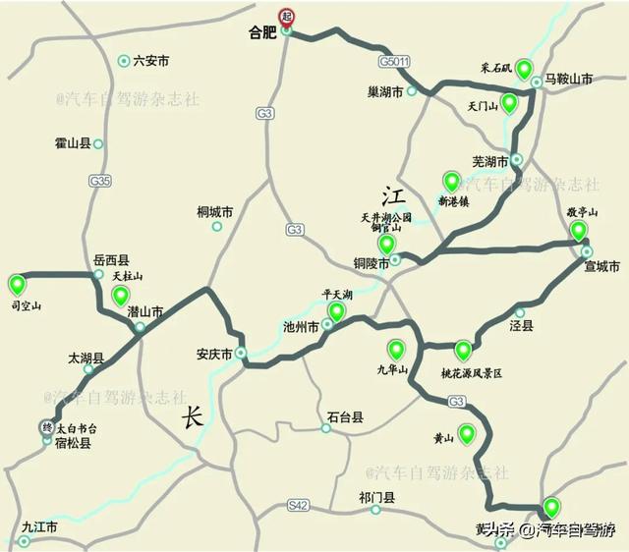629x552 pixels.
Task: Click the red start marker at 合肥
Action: pyautogui.click(x=287, y=16)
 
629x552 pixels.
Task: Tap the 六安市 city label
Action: pyautogui.click(x=150, y=61)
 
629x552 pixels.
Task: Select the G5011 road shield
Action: pyautogui.click(x=392, y=62)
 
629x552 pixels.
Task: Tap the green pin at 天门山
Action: pyautogui.click(x=509, y=102)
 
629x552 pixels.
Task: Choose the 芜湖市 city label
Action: pyautogui.click(x=488, y=160)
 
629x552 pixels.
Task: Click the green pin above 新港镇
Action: pyautogui.click(x=452, y=182)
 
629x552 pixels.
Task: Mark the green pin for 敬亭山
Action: pyautogui.click(x=579, y=231)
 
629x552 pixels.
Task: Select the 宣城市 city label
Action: pyautogui.click(x=601, y=267)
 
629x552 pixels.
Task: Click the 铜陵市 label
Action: pyautogui.click(x=372, y=262)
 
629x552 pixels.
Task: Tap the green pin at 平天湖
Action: pyautogui.click(x=337, y=312)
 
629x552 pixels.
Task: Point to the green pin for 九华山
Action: pyautogui.click(x=396, y=349)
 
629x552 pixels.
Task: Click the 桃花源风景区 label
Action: pyautogui.click(x=471, y=373)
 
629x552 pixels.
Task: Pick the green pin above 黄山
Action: pyautogui.click(x=466, y=433)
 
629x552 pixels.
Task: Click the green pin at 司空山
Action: pyautogui.click(x=17, y=286)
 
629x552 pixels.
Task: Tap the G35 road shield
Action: pyautogui.click(x=99, y=182)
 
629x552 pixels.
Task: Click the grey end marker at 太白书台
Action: pyautogui.click(x=46, y=428)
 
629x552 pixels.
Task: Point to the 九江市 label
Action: pyautogui.click(x=39, y=527)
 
